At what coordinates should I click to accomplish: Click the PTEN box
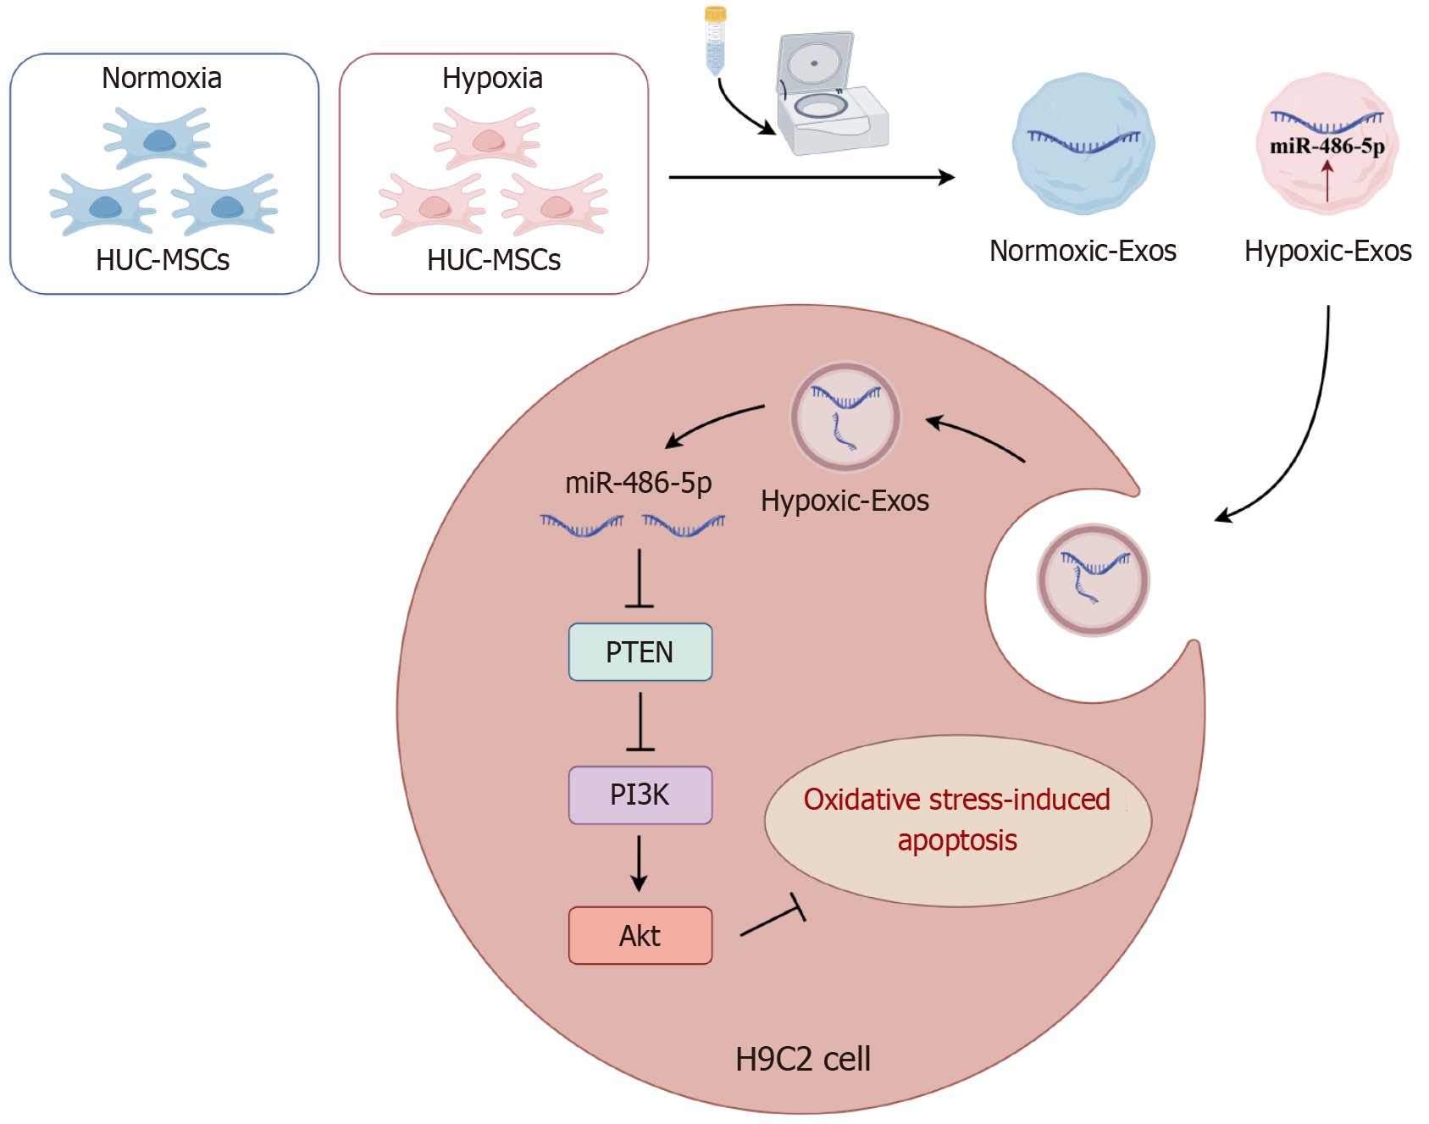point(640,652)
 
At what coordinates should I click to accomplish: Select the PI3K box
point(640,795)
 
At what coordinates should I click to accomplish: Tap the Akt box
point(640,935)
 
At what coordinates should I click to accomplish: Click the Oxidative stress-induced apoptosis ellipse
point(957,820)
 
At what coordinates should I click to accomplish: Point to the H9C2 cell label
point(802,1059)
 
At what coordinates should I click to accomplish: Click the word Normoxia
point(162,78)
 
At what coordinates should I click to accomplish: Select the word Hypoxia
point(492,78)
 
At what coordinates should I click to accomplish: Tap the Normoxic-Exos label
point(1083,251)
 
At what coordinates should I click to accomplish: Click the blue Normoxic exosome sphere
point(1083,144)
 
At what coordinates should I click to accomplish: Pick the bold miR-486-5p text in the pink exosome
point(1327,146)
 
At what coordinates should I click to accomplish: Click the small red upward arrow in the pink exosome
point(1327,180)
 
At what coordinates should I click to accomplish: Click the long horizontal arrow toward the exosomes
point(811,177)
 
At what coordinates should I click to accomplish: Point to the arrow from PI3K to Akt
point(640,862)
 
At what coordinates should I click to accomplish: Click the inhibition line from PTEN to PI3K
point(640,722)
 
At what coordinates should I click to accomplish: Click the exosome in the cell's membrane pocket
point(1093,580)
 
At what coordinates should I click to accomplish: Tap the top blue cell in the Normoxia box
point(158,137)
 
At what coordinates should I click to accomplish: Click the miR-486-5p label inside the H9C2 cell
point(638,483)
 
